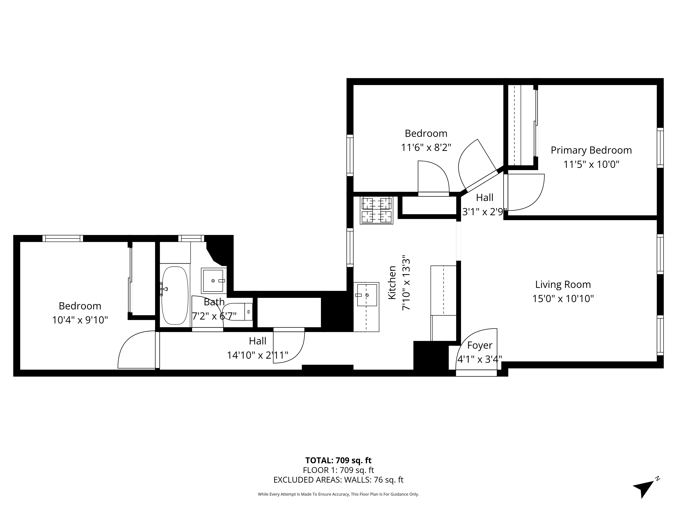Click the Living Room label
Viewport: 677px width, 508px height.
(563, 284)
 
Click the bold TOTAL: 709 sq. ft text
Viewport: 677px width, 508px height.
(338, 461)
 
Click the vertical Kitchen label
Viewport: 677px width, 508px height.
(392, 282)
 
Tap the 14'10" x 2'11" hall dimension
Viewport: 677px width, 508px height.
(257, 355)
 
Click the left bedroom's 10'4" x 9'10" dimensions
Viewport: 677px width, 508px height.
(80, 320)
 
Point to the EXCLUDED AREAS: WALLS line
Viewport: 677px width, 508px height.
(338, 480)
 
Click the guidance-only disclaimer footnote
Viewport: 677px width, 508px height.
(338, 494)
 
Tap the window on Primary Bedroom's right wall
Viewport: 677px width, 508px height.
(660, 148)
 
